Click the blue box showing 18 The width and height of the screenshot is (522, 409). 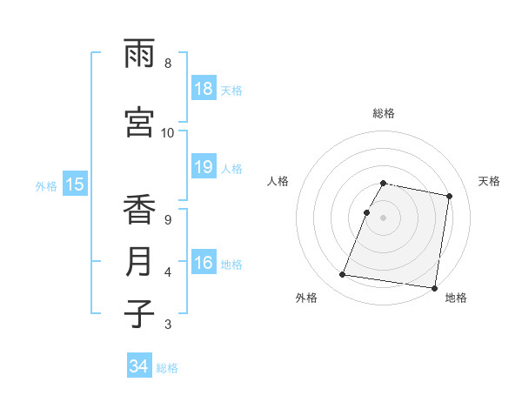pyautogui.click(x=203, y=88)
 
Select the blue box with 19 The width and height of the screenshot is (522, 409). pyautogui.click(x=203, y=167)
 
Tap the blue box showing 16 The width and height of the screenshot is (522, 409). pyautogui.click(x=203, y=263)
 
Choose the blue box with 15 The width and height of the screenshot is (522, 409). pyautogui.click(x=74, y=184)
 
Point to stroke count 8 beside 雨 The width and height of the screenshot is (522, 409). pyautogui.click(x=168, y=64)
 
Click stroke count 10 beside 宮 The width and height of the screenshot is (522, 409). pyautogui.click(x=168, y=132)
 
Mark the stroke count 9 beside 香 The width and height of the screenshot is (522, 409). pyautogui.click(x=168, y=220)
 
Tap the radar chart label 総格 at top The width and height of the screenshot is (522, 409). pyautogui.click(x=384, y=113)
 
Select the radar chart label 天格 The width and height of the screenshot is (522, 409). pyautogui.click(x=490, y=181)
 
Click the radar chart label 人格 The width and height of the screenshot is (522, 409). pyautogui.click(x=278, y=181)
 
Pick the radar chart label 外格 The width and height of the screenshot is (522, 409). pyautogui.click(x=306, y=298)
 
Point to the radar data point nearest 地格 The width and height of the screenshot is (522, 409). pyautogui.click(x=433, y=287)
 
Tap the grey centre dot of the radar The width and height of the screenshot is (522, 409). pyautogui.click(x=384, y=218)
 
